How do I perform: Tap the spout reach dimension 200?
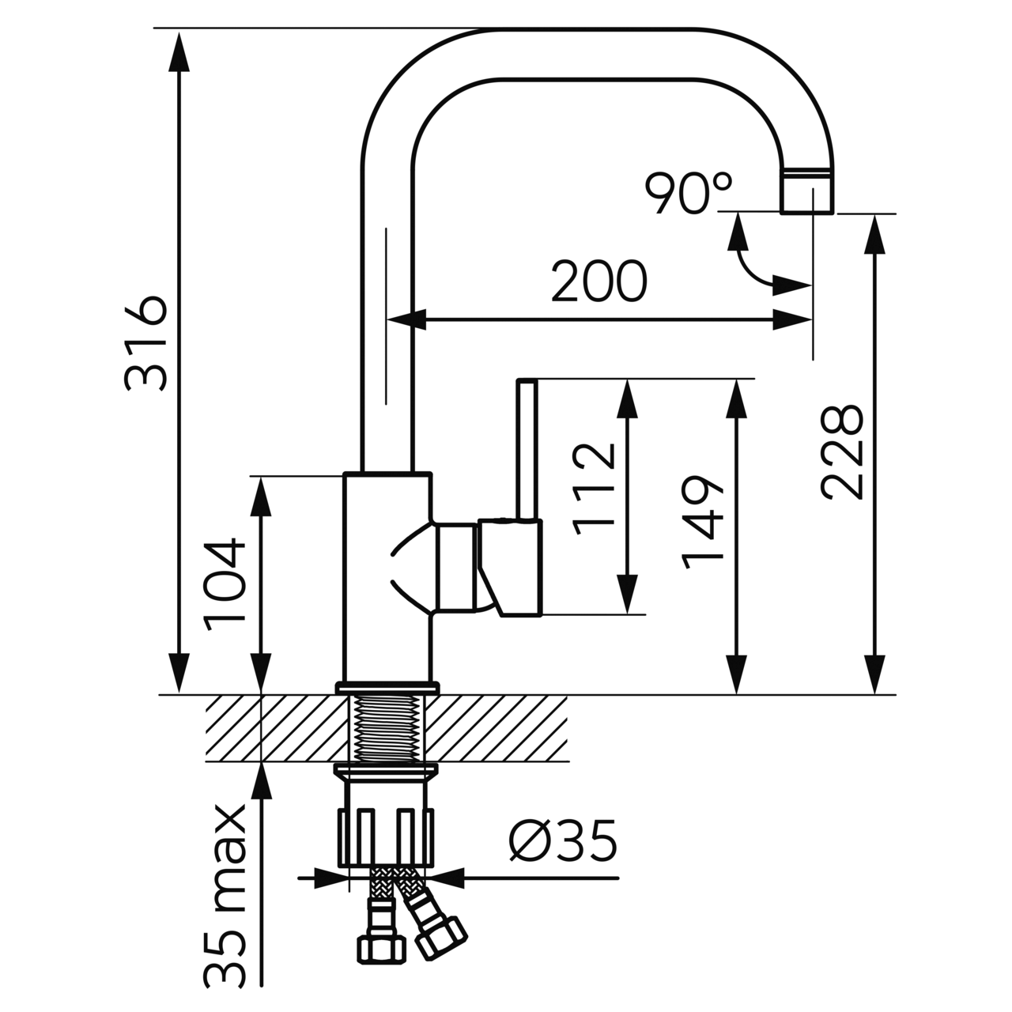pos(599,281)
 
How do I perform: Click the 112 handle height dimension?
pos(594,489)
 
